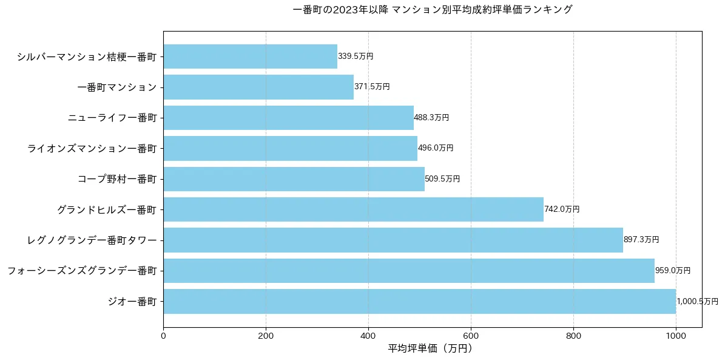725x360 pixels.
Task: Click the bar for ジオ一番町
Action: pyautogui.click(x=419, y=301)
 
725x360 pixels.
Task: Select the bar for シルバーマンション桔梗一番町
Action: pyautogui.click(x=250, y=56)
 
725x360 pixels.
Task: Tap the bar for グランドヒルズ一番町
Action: pyautogui.click(x=353, y=209)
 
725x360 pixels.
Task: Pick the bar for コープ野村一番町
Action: pyautogui.click(x=294, y=179)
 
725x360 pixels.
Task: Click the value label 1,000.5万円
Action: pyautogui.click(x=697, y=302)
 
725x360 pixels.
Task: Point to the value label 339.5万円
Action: pyautogui.click(x=356, y=56)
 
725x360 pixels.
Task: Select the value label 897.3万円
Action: pyautogui.click(x=641, y=240)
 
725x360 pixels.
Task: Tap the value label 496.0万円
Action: pyautogui.click(x=436, y=148)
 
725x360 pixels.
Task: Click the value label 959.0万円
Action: pyautogui.click(x=673, y=271)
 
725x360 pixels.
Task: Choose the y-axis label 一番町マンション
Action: pyautogui.click(x=117, y=87)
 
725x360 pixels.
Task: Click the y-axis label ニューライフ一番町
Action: pyautogui.click(x=112, y=118)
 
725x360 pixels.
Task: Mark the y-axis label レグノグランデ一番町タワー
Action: pyautogui.click(x=92, y=240)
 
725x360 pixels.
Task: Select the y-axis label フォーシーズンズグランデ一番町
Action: pyautogui.click(x=82, y=271)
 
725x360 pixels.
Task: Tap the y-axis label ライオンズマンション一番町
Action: pyautogui.click(x=92, y=148)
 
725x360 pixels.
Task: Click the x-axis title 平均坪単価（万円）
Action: pyautogui.click(x=430, y=348)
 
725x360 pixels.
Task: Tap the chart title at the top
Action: pyautogui.click(x=432, y=10)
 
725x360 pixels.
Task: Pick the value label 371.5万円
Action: pyautogui.click(x=372, y=87)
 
